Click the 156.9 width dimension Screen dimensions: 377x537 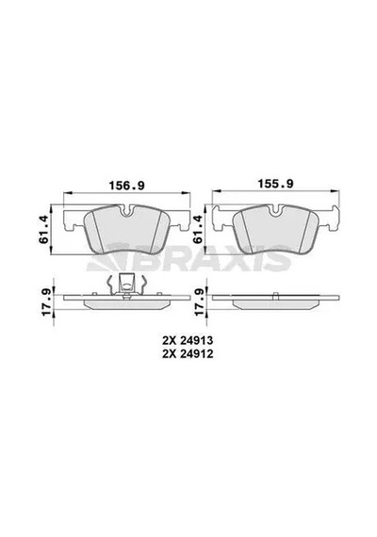127,186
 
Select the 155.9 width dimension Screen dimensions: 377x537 275,184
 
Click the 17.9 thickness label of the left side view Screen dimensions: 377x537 46,301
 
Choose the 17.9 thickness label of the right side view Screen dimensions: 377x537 201,301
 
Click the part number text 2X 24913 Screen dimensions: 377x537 188,340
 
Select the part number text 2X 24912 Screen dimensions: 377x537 188,354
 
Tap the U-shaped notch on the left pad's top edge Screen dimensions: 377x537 127,211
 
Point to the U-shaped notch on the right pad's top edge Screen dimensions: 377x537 275,211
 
